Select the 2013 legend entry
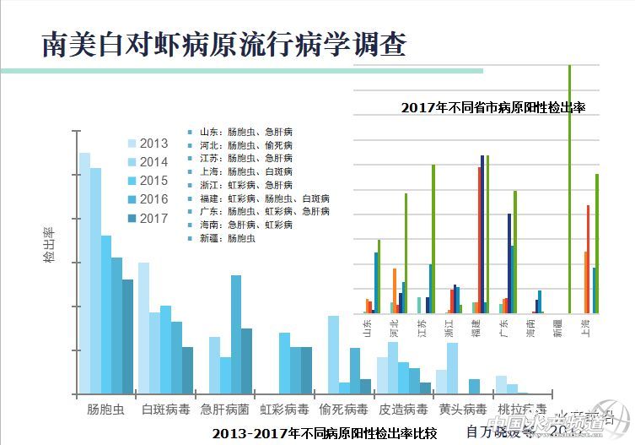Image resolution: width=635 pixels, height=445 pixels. pos(147,144)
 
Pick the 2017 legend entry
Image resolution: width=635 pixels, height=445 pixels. pos(147,218)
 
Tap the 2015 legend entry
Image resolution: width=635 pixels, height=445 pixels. pos(147,181)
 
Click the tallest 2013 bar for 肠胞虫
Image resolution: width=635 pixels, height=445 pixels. pos(84,270)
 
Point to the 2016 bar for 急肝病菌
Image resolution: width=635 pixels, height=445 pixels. pos(236,334)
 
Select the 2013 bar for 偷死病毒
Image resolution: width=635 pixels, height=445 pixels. pos(333,355)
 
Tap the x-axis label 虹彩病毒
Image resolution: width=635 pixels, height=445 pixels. pos(283,410)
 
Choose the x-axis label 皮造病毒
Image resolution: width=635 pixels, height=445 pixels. pos(402,410)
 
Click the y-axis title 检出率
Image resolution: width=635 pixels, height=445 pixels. pos(49,244)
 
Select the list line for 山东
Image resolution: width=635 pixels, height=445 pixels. pos(241,132)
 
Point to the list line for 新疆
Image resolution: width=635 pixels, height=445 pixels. pos(228,238)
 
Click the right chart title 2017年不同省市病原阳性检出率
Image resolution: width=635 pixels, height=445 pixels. pos(492,108)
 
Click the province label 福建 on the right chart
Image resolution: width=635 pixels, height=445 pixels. pos(476,328)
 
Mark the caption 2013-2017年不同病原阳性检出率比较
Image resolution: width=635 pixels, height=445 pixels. pos(325,434)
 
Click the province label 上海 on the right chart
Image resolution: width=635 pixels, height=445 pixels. pos(584,328)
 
